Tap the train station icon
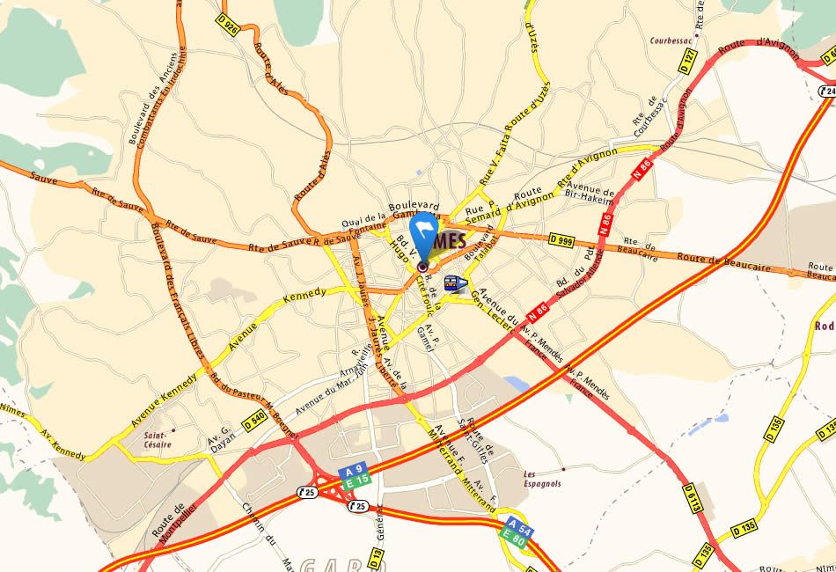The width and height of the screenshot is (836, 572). pyautogui.click(x=452, y=283)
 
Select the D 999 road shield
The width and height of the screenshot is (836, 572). pyautogui.click(x=560, y=239)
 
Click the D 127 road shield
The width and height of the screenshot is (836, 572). pyautogui.click(x=689, y=59)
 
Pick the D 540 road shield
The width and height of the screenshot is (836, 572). pyautogui.click(x=254, y=422)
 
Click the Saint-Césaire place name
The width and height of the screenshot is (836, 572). pyautogui.click(x=158, y=438)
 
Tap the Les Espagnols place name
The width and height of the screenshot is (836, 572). pyautogui.click(x=542, y=479)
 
